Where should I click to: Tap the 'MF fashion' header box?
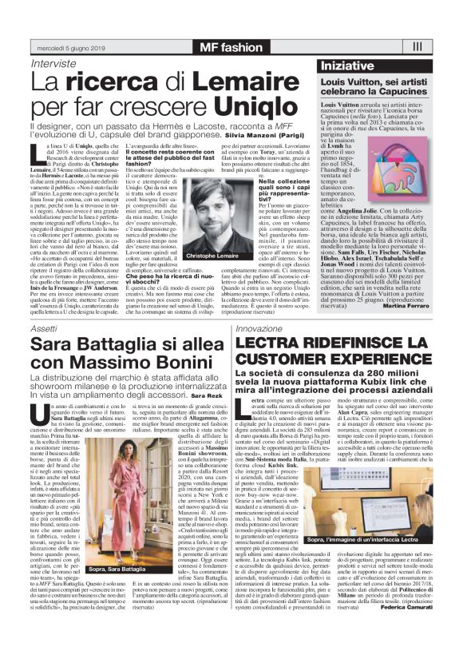(x=231, y=47)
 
